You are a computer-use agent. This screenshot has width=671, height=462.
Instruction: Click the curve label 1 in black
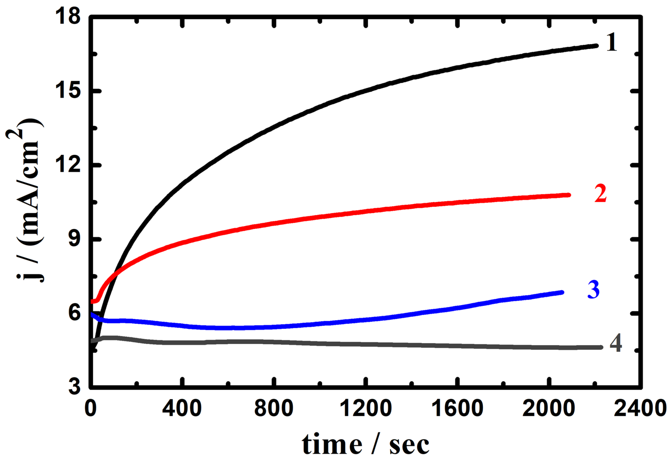point(611,43)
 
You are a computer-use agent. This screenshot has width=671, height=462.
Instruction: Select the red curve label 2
point(600,193)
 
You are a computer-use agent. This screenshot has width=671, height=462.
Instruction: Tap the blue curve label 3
point(593,290)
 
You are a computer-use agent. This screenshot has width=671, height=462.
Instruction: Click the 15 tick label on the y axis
point(69,91)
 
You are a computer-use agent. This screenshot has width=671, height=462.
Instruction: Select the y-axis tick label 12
point(69,165)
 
